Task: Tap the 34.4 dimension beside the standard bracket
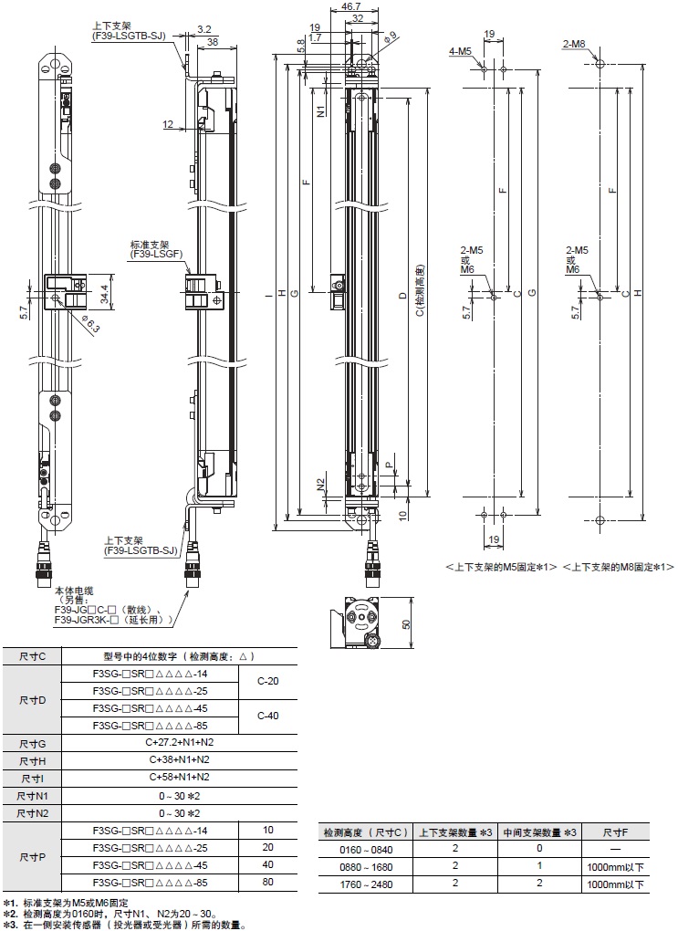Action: (x=106, y=295)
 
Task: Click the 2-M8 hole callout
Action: (x=574, y=45)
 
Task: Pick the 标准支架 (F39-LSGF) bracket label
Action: (x=158, y=250)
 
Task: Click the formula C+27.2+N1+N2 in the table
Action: (x=179, y=742)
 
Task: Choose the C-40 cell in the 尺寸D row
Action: (x=267, y=716)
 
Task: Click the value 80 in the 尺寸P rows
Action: (x=267, y=883)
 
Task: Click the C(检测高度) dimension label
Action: (x=419, y=292)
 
